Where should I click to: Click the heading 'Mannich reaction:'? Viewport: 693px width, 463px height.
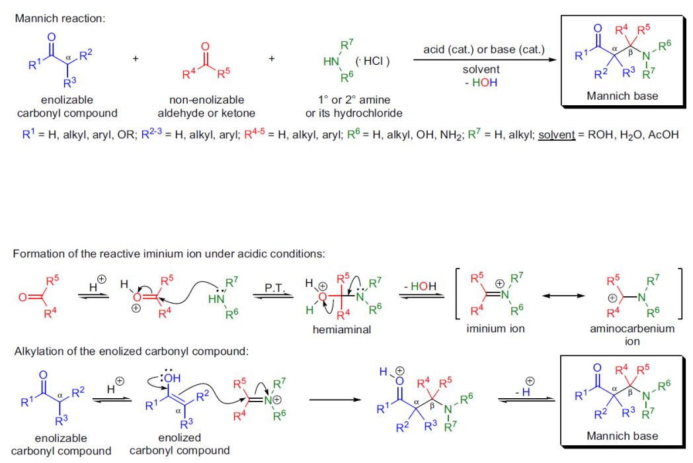point(60,19)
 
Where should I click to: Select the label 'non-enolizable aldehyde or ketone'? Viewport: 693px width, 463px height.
point(206,106)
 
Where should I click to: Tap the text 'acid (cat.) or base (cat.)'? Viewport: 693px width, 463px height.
point(484,50)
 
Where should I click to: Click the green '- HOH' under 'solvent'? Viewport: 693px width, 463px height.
point(481,83)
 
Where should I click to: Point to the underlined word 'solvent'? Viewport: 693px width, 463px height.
point(556,134)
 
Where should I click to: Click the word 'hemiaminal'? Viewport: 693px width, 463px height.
point(342,329)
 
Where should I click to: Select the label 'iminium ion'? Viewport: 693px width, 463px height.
point(495,329)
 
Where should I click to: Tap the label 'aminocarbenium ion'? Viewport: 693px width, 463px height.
point(632,335)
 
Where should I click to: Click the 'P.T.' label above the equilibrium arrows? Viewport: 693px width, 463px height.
point(274,288)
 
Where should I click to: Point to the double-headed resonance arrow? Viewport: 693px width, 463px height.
point(563,296)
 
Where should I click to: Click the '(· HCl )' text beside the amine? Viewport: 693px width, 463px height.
point(372,61)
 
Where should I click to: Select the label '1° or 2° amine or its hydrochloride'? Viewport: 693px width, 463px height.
point(354,106)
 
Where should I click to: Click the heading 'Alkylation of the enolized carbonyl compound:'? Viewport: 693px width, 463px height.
point(132,352)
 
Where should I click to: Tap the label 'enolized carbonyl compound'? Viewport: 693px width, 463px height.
point(179,444)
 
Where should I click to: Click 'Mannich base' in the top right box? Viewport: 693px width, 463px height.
point(622,96)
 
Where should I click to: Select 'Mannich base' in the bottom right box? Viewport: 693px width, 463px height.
point(622,436)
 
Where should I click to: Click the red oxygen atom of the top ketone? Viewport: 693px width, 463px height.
point(205,47)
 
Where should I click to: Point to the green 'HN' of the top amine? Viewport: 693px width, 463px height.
point(331,62)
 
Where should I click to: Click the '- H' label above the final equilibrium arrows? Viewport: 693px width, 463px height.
point(523,392)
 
